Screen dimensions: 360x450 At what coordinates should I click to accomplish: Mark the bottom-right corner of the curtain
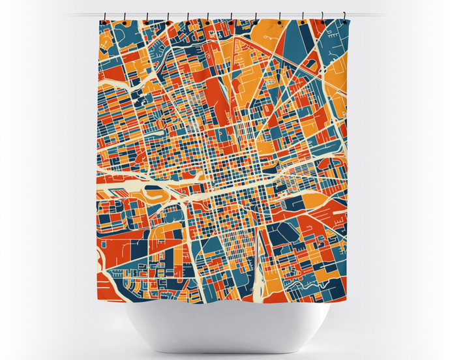tap(346, 301)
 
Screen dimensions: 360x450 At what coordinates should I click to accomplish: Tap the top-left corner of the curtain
tap(100, 22)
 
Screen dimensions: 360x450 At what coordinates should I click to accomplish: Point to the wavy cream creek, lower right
tap(307, 284)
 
